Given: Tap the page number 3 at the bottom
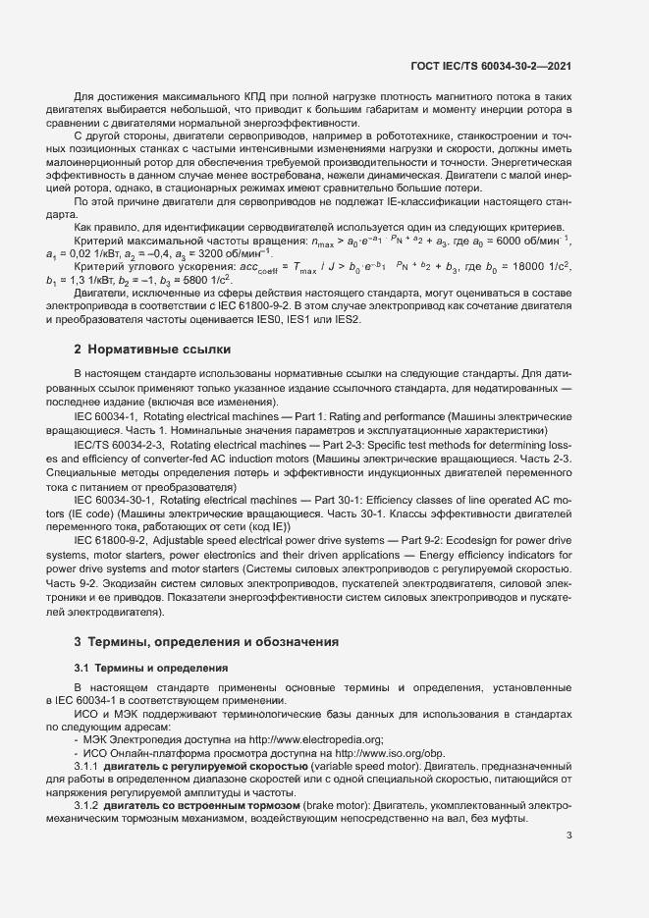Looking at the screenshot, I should coord(569,836).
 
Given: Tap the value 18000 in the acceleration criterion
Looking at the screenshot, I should coord(519,267).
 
